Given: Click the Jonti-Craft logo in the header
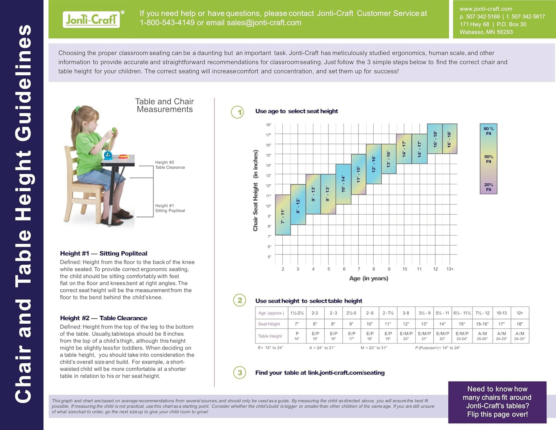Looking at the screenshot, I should pos(91,19).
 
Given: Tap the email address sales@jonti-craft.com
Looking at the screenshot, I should pos(264,23).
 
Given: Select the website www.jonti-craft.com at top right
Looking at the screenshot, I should pos(486,9).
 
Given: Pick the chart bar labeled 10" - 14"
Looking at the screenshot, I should pos(343,184).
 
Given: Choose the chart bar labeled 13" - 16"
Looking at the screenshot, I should pos(389,159).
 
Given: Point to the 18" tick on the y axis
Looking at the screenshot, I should pos(268,125).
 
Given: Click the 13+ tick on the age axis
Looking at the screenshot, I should pos(450,269).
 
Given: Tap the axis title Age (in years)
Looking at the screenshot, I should pos(368,278).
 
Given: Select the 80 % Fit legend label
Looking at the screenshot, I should pos(488,131).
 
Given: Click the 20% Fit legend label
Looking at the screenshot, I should pos(488,187).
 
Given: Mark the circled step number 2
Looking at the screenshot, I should pos(240,300).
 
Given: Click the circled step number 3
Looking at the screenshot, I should pos(240,372).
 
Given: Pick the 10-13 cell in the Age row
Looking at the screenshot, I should pos(501,313).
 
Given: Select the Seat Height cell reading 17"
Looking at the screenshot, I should pos(501,324).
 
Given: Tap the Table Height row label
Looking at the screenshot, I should pos(270,336).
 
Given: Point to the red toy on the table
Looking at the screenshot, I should pos(123,157).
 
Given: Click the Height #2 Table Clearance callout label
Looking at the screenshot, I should pos(170,165).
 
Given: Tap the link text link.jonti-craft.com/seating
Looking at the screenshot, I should pos(346,373).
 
